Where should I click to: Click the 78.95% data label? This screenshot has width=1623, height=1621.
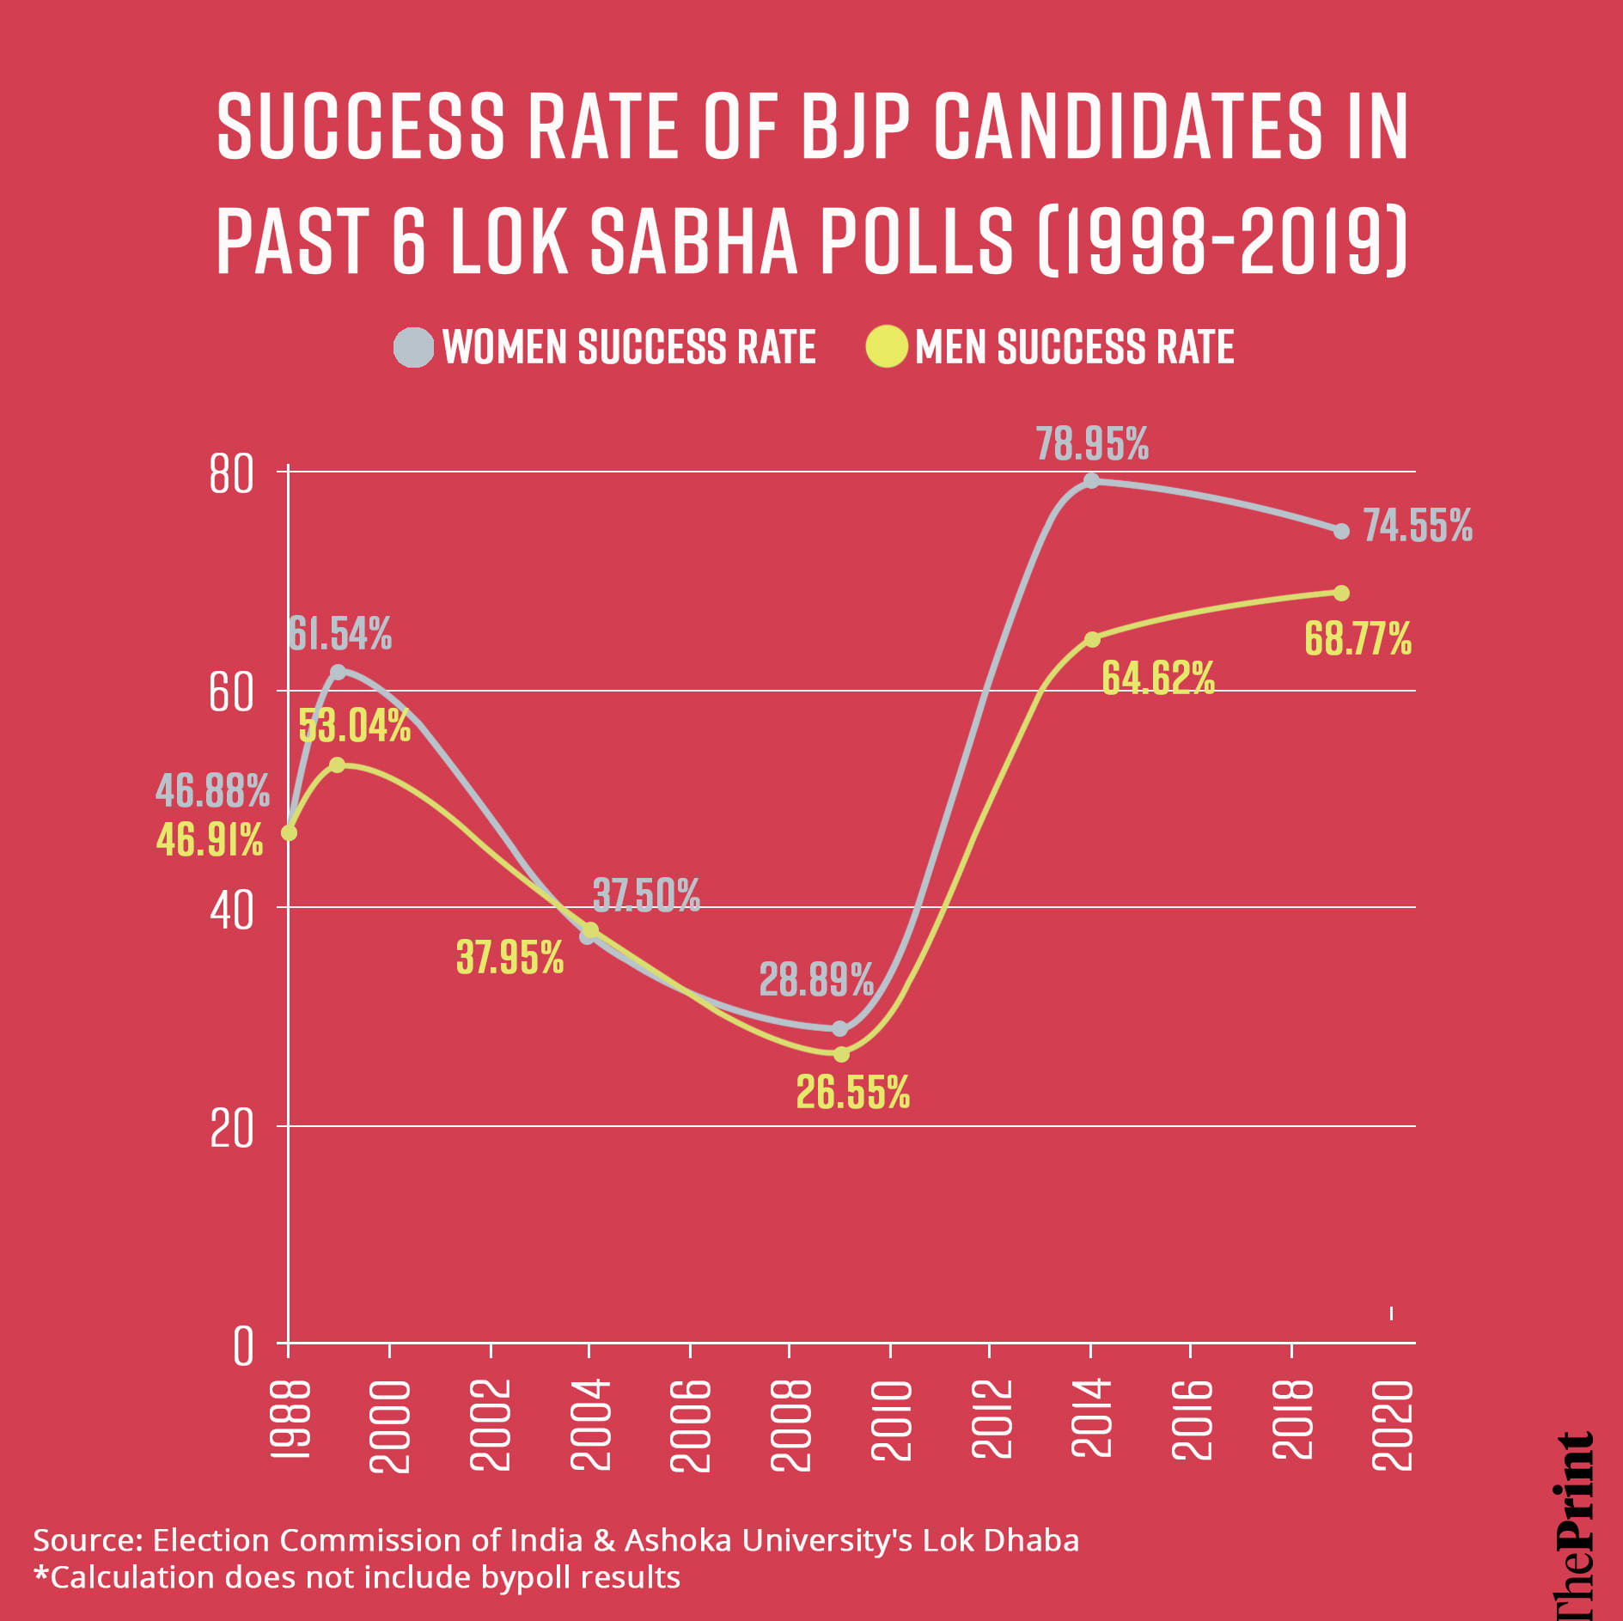point(1091,444)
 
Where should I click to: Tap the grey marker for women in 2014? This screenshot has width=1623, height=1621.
point(1091,480)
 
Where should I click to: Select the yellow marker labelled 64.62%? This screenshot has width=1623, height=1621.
point(1092,639)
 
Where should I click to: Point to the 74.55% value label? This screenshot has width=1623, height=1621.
point(1417,526)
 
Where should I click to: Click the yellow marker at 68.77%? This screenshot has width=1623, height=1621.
point(1341,593)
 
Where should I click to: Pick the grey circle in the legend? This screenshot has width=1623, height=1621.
point(413,347)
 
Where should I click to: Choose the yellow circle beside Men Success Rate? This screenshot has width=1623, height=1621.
point(887,347)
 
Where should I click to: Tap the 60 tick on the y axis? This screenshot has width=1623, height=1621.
point(231,692)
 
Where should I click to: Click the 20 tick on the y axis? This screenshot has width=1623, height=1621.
point(231,1128)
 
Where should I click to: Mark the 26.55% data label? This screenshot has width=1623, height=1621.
point(852,1093)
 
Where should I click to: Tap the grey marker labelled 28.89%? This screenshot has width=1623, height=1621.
point(840,1028)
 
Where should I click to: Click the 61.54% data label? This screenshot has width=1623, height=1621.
point(339,634)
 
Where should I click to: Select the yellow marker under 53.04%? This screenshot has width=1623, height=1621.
point(338,765)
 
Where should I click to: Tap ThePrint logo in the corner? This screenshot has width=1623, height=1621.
point(1574,1525)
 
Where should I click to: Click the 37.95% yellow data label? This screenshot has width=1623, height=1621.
point(509,957)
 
